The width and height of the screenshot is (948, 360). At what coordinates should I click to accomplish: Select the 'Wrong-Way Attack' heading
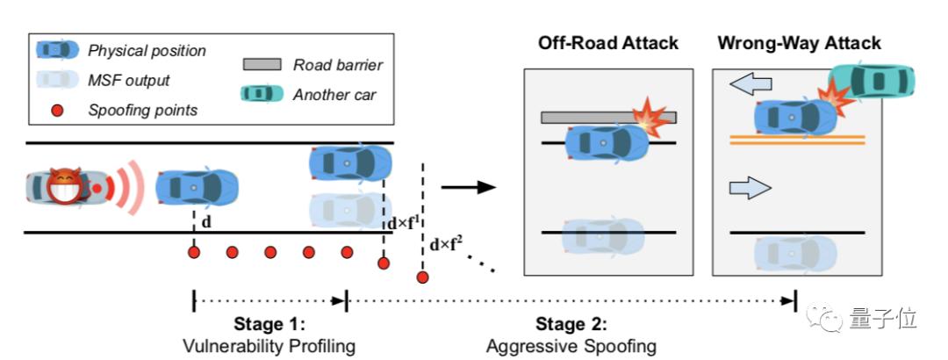(798, 43)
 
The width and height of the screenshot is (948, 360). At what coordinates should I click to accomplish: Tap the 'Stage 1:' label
(269, 323)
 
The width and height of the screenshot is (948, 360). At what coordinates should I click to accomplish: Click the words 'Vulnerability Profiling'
(269, 345)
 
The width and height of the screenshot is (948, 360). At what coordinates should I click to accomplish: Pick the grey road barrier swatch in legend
(262, 64)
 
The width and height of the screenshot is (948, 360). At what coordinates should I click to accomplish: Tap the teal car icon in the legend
(262, 94)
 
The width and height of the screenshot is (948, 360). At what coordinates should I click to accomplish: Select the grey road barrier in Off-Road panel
(607, 118)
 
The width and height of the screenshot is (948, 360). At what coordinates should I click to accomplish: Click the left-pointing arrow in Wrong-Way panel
(751, 84)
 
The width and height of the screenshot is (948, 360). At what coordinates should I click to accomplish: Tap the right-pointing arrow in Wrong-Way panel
(750, 187)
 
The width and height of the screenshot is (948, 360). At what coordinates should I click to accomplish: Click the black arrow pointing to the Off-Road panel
(467, 186)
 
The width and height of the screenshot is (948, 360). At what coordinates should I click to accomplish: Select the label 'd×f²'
(446, 244)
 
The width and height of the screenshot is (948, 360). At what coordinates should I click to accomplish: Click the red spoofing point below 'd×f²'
(422, 277)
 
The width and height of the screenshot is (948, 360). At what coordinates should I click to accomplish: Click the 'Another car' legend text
(334, 94)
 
